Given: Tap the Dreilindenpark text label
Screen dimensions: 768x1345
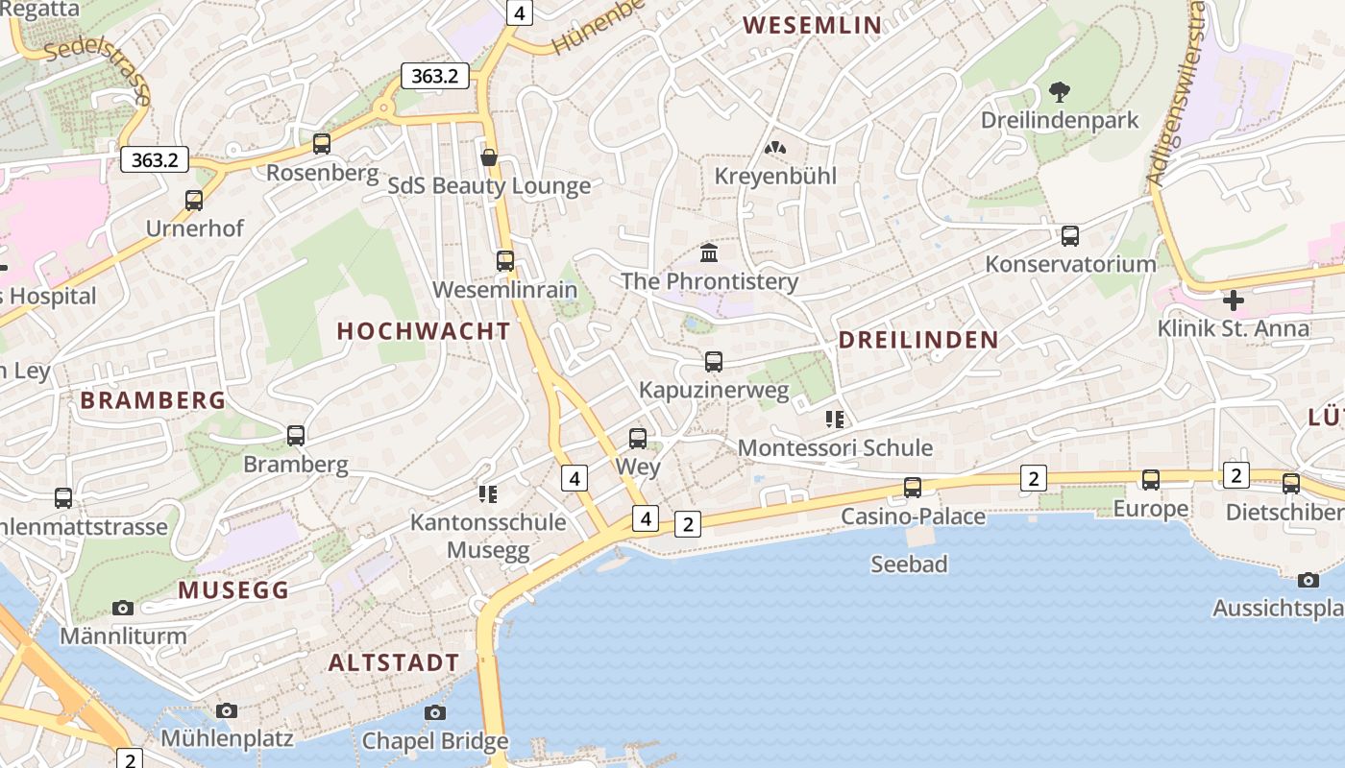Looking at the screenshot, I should click(x=1059, y=120).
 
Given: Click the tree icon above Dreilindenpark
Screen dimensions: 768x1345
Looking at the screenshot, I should click(x=1060, y=92).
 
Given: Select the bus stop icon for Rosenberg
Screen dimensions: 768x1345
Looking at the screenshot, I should click(x=322, y=144).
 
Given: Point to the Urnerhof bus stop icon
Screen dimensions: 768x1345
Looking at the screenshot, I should click(x=194, y=201).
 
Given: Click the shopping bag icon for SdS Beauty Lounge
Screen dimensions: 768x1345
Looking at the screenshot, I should click(x=489, y=156).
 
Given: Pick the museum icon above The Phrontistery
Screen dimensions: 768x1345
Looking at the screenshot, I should click(x=709, y=252).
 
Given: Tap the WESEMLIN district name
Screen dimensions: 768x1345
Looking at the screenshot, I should click(x=812, y=25).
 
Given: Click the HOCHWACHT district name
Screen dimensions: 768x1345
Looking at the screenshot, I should click(x=424, y=331).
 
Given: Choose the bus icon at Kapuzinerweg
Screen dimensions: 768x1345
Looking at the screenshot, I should click(x=713, y=362).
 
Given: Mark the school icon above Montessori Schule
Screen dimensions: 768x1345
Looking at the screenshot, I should click(x=834, y=420).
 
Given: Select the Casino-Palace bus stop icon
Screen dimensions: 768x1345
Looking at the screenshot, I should click(x=913, y=488).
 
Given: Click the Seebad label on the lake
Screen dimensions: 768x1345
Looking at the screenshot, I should click(x=909, y=564).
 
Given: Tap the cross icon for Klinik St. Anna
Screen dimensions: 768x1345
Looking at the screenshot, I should click(x=1234, y=300).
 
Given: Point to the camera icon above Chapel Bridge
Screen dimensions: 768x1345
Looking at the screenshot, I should click(x=435, y=712).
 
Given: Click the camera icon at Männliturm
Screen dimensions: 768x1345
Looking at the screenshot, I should click(x=122, y=608).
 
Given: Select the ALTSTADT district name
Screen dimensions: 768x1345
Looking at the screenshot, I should click(x=394, y=663).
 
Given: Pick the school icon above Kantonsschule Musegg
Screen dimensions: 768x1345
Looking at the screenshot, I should click(x=487, y=494).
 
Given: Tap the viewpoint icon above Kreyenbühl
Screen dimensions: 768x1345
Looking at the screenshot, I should click(x=774, y=148).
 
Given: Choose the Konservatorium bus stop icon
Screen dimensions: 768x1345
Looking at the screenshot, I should click(x=1070, y=235).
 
